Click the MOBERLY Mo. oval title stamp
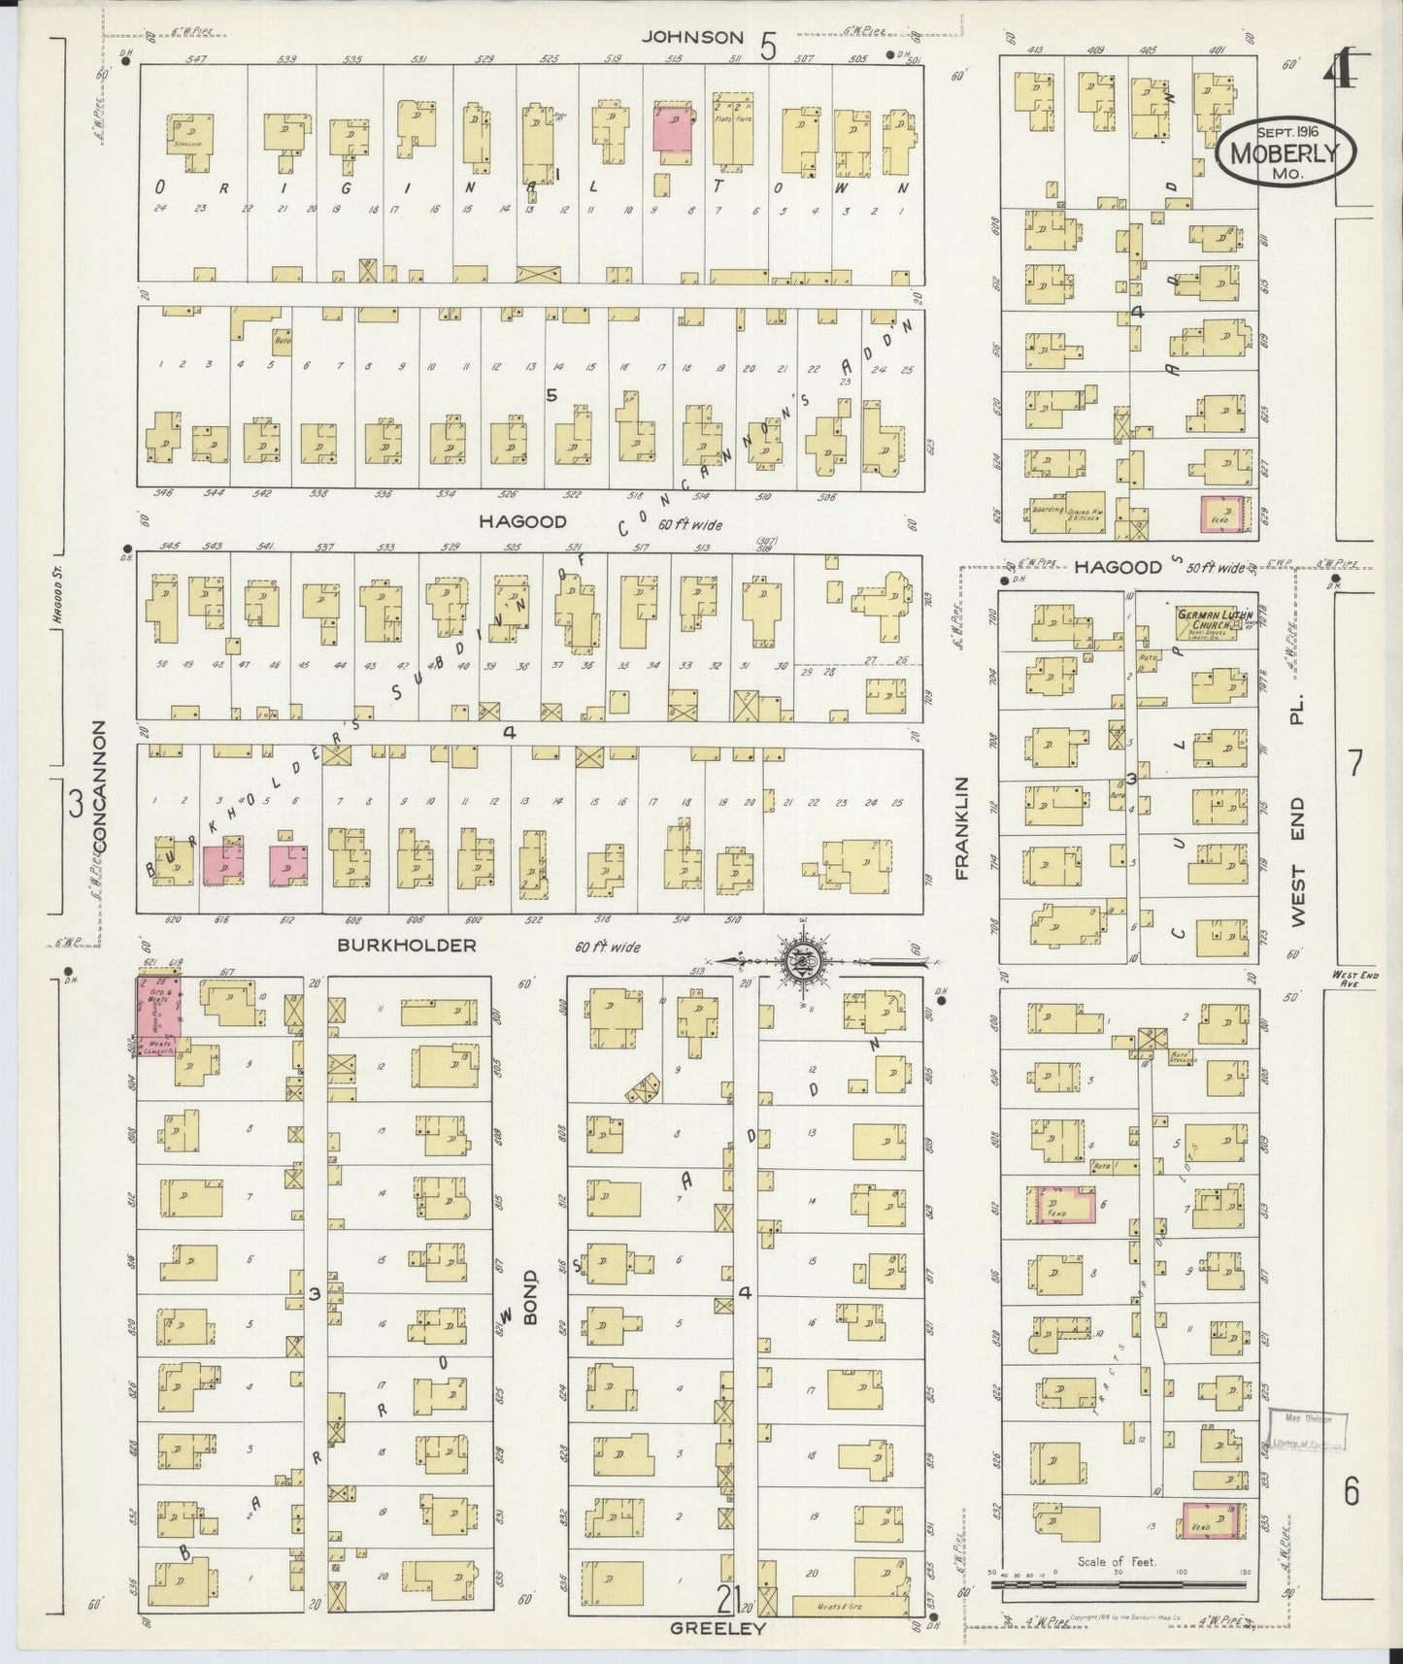[x=1284, y=152]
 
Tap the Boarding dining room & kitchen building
[x=1065, y=516]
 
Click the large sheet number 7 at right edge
[x=1354, y=764]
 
